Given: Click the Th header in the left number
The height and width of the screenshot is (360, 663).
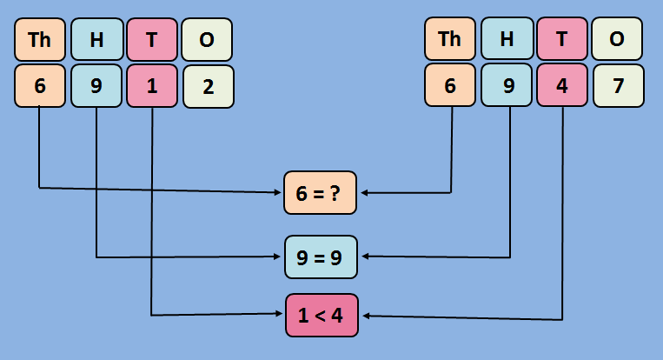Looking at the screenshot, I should click(40, 39).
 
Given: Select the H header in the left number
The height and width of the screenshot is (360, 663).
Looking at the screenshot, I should click(96, 39).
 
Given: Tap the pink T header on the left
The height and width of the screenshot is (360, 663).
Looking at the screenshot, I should click(152, 39).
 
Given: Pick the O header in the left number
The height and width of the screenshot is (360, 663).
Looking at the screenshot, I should click(208, 39).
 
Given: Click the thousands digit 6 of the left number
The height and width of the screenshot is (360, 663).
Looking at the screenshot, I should click(40, 86).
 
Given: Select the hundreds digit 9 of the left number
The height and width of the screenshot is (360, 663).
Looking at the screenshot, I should click(96, 86).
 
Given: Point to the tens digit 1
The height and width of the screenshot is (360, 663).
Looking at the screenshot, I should click(152, 86).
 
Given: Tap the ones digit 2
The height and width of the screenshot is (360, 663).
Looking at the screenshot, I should click(208, 86).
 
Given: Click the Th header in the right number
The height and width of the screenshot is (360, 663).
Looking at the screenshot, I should click(450, 39).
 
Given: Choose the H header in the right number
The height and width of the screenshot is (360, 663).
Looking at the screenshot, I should click(507, 39).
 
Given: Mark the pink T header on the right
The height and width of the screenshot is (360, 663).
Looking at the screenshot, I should click(562, 39).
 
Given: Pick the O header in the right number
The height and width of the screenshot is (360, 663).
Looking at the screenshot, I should click(618, 39).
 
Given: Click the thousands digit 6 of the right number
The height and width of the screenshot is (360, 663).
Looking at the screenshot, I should click(450, 86).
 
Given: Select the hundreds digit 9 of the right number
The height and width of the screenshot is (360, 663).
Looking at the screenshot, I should click(507, 86).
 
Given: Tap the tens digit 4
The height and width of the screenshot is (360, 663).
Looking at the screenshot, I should click(562, 86).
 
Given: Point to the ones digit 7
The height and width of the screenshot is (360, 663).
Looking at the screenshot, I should click(618, 86).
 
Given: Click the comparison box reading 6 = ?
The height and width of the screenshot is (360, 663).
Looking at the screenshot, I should click(321, 193).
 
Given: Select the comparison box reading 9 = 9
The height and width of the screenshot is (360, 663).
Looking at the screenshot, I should click(321, 257).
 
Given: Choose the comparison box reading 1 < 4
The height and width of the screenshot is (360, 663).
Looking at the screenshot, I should click(321, 316).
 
